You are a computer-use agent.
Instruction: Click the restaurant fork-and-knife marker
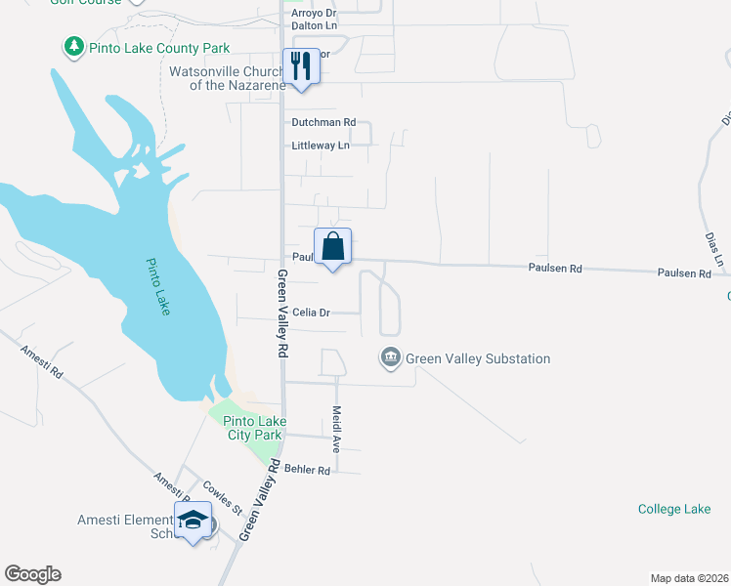coord(300,66)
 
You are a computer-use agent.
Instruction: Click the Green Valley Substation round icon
coord(391,358)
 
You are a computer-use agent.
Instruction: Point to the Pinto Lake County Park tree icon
coord(73,47)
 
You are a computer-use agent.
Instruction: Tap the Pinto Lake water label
coord(158,286)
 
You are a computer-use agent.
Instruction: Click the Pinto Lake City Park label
coord(254,428)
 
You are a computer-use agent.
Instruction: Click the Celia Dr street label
coord(311,313)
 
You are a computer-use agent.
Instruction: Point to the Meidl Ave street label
coord(335,429)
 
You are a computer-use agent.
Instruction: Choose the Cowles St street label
coord(223,497)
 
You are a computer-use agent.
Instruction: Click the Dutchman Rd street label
coord(323,123)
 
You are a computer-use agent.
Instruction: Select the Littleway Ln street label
coord(321,146)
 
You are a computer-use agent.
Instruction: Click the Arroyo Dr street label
coord(314,14)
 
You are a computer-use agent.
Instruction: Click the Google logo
coord(32,574)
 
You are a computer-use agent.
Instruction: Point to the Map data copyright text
coord(689,577)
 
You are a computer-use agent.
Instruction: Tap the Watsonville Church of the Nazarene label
coord(227,78)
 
